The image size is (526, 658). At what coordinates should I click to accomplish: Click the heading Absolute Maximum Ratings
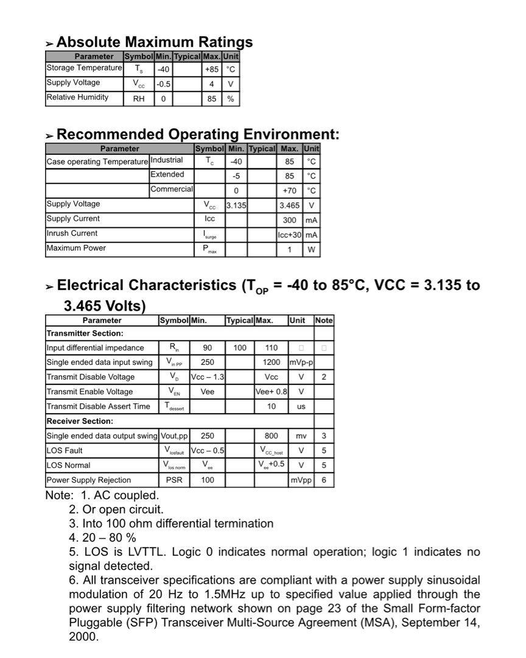point(154,42)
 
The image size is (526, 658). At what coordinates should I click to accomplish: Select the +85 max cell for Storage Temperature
point(211,69)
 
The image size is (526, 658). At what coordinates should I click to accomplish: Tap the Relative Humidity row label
point(77,97)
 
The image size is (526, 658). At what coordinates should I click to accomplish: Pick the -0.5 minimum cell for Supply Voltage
point(163,84)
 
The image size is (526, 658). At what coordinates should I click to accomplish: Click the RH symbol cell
point(139,99)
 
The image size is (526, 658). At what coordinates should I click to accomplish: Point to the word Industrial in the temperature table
point(166,160)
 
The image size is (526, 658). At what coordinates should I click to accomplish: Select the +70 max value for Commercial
point(289,191)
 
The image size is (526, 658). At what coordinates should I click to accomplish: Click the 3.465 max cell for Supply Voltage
point(289,206)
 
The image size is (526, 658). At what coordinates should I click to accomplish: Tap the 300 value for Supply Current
point(289,221)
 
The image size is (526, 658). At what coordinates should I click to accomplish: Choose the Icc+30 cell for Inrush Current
point(290,235)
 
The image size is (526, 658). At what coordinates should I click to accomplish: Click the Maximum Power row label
point(76,248)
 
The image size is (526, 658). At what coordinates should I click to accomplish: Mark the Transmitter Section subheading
point(85,333)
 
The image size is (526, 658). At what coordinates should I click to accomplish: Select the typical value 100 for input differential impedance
point(240,348)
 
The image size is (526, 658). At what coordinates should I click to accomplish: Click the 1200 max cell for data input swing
point(272,363)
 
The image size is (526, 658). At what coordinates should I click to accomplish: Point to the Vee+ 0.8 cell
point(272,392)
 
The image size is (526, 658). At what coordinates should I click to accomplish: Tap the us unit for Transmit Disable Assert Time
point(301,406)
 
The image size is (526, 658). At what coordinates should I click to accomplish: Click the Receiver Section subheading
point(80,421)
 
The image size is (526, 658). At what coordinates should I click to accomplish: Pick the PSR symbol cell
point(174,480)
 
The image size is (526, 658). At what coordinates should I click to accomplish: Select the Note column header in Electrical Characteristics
point(324,320)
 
